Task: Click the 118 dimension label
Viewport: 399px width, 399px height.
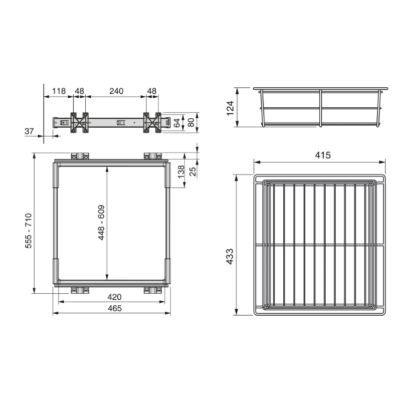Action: pyautogui.click(x=59, y=91)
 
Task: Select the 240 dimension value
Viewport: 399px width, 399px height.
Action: pyautogui.click(x=116, y=91)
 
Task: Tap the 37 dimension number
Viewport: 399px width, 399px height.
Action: pyautogui.click(x=29, y=131)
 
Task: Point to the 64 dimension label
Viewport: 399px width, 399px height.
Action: pyautogui.click(x=177, y=122)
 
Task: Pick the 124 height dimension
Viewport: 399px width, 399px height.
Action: pyautogui.click(x=230, y=107)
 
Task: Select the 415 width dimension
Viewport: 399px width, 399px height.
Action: pyautogui.click(x=323, y=155)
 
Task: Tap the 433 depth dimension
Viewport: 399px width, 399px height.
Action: pyautogui.click(x=230, y=256)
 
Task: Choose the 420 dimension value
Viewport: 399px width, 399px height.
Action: pyautogui.click(x=114, y=297)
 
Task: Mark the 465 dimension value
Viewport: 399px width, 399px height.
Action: pyautogui.click(x=114, y=308)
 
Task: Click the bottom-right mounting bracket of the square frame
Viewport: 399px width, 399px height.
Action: pyautogui.click(x=153, y=289)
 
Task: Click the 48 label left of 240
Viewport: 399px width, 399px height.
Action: pyautogui.click(x=79, y=91)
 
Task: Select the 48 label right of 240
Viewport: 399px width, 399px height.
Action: pyautogui.click(x=152, y=91)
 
